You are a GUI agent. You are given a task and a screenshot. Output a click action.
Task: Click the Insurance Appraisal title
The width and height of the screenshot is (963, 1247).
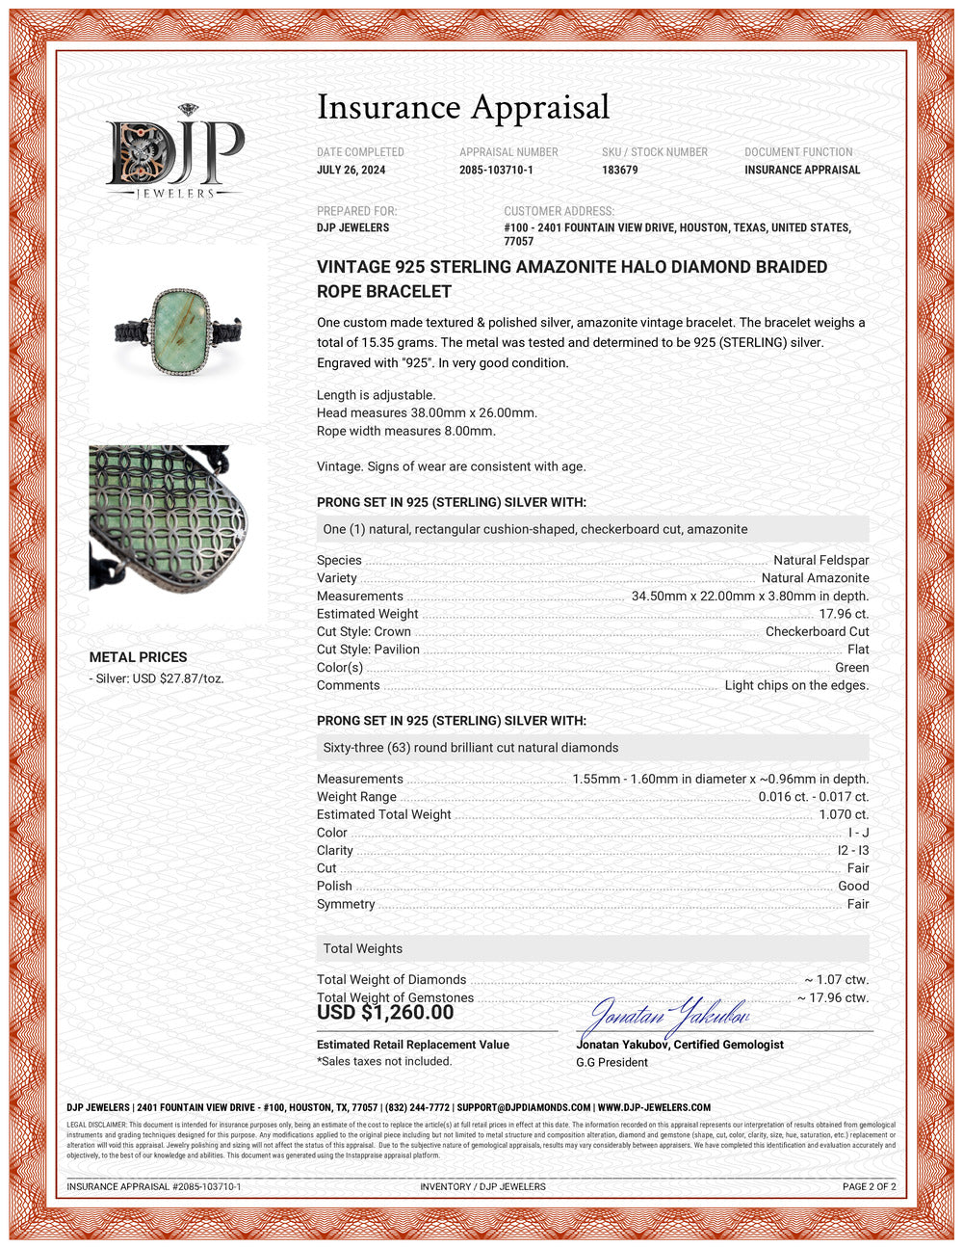(x=463, y=108)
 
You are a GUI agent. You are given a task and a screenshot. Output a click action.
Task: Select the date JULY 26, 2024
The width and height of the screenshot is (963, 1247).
(x=351, y=170)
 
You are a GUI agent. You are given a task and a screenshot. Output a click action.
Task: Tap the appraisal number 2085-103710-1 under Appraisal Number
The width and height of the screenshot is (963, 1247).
(x=496, y=170)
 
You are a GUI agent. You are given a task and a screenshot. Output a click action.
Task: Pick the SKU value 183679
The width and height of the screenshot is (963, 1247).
(x=620, y=170)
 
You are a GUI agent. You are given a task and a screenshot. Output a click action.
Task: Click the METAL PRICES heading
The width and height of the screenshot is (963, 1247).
(x=138, y=657)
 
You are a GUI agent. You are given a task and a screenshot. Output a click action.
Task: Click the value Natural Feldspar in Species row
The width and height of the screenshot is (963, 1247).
(x=820, y=560)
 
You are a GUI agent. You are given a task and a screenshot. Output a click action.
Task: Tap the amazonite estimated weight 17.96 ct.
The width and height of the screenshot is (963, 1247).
(x=844, y=614)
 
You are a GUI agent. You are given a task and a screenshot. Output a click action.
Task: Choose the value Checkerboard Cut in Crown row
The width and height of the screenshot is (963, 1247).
(x=817, y=631)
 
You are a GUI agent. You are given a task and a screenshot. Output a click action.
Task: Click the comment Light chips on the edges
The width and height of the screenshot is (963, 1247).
(x=796, y=685)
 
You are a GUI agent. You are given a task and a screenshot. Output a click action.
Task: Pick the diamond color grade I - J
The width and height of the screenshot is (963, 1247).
(x=858, y=833)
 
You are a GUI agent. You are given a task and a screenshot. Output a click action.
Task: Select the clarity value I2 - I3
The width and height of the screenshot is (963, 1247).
(x=852, y=850)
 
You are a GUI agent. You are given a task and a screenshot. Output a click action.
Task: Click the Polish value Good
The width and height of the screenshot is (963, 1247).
(x=853, y=886)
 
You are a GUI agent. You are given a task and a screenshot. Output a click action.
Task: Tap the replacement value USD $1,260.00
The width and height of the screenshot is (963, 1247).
(x=385, y=1013)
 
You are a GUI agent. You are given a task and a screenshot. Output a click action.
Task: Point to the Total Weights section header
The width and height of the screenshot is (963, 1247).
(x=363, y=948)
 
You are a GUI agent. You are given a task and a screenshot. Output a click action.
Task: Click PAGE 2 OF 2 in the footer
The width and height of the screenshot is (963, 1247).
(x=869, y=1186)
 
